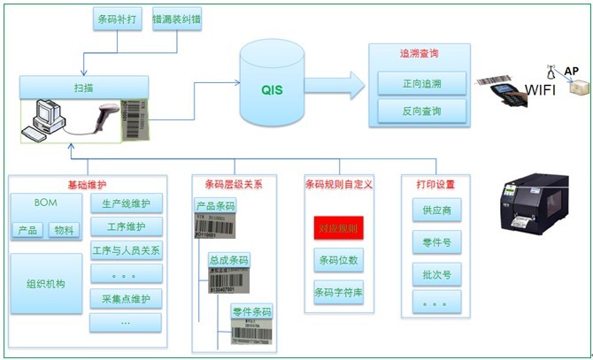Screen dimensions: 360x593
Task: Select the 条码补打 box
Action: pyautogui.click(x=118, y=19)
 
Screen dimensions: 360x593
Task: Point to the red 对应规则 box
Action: pyautogui.click(x=339, y=229)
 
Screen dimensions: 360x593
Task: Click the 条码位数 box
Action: pyautogui.click(x=339, y=261)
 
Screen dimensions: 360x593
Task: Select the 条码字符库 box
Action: pyautogui.click(x=339, y=292)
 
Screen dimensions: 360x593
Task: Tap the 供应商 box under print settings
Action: pyautogui.click(x=435, y=211)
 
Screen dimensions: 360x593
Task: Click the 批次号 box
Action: pyautogui.click(x=435, y=274)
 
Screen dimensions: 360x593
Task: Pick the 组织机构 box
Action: pyautogui.click(x=45, y=284)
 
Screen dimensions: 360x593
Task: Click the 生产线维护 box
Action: pyautogui.click(x=127, y=203)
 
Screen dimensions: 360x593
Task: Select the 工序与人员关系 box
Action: pyautogui.click(x=127, y=250)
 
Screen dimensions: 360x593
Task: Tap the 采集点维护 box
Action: pyautogui.click(x=127, y=298)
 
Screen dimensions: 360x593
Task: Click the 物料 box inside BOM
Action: pyautogui.click(x=65, y=231)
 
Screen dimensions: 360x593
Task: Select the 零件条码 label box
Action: pyautogui.click(x=251, y=311)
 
